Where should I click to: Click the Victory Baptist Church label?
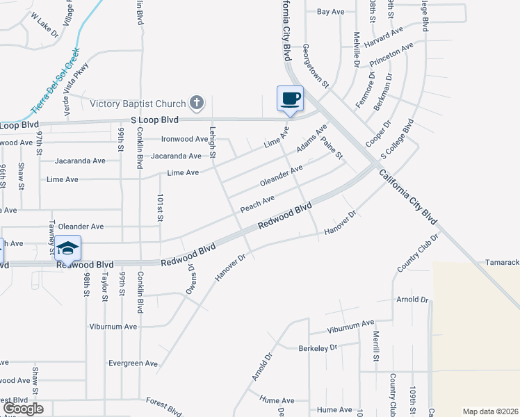click(x=139, y=104)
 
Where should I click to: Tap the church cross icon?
click(x=197, y=104)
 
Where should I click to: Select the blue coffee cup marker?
click(x=290, y=98)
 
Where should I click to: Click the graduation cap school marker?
click(x=67, y=248)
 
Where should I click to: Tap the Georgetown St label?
click(x=315, y=66)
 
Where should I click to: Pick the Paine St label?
click(x=331, y=147)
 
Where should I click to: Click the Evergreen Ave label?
click(x=133, y=363)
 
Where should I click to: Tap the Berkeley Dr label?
click(x=317, y=347)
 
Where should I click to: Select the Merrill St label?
click(x=375, y=345)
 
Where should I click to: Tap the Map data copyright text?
click(x=491, y=411)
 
